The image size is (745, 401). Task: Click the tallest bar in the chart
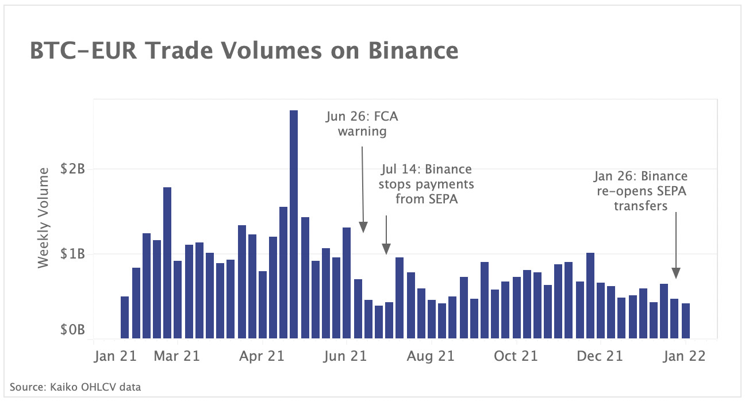click(294, 224)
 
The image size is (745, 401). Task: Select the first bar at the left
click(125, 317)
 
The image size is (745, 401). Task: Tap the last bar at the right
click(686, 321)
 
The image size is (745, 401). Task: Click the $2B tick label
click(74, 169)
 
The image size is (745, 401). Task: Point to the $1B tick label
click(74, 254)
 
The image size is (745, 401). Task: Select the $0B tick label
click(74, 330)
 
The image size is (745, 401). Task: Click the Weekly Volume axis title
click(44, 219)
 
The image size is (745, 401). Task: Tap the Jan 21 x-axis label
click(115, 356)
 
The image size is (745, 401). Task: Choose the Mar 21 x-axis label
click(178, 356)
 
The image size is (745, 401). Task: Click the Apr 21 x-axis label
click(262, 356)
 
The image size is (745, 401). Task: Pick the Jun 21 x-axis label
click(345, 356)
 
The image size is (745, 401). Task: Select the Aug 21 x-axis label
click(431, 356)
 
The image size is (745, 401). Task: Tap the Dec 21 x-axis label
click(599, 356)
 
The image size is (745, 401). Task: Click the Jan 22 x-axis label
click(683, 356)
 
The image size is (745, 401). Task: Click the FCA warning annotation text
click(362, 124)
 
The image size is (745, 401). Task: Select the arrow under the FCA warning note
click(363, 189)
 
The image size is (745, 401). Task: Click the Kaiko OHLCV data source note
click(75, 387)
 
